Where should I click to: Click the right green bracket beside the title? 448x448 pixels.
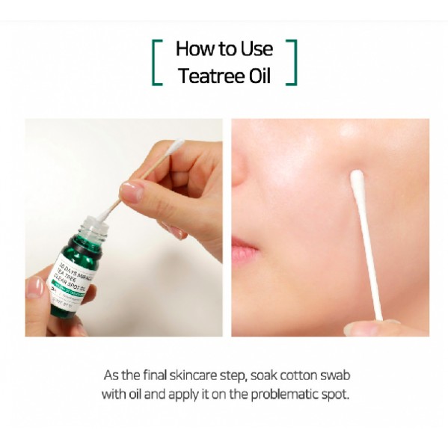pos(292,62)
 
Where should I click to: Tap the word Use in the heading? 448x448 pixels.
pos(256,49)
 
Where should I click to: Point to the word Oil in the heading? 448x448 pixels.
pos(257,76)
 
